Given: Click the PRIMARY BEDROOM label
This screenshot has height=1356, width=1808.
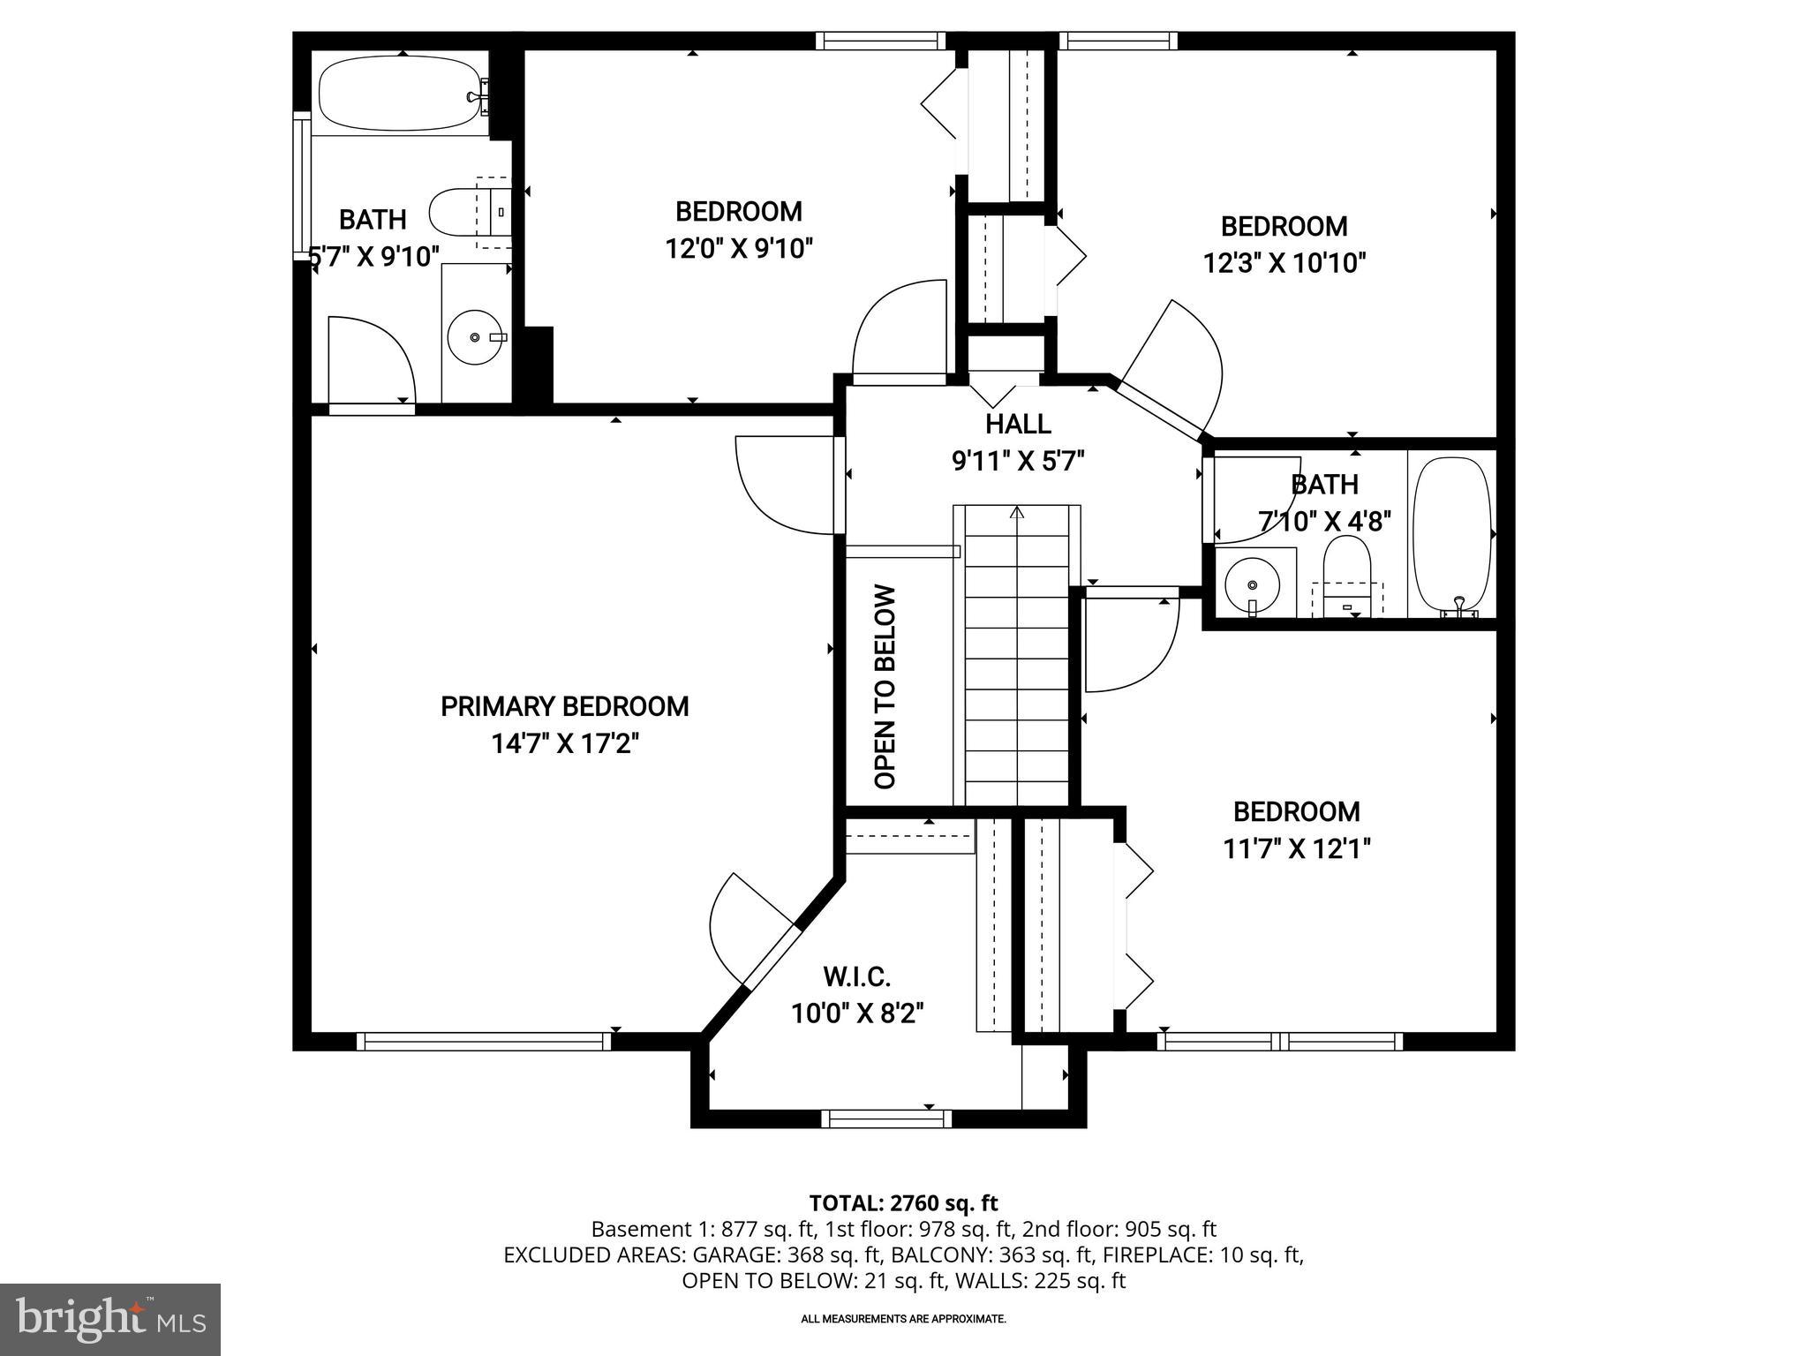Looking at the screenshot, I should click(564, 706).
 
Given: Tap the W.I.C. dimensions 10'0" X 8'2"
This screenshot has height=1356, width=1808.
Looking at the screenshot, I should click(856, 1013).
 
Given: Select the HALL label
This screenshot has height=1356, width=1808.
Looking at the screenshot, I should click(1018, 424).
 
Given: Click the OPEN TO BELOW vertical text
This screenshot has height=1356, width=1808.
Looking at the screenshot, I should click(885, 687).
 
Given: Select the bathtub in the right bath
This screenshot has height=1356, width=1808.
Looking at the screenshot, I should click(1451, 532).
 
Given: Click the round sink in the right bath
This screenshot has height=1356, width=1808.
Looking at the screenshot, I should click(1253, 584).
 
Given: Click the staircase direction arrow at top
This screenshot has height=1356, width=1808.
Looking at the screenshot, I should click(1017, 511).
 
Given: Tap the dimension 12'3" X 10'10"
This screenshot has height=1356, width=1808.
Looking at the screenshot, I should click(1284, 263).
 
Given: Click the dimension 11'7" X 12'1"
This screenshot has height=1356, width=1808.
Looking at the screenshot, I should click(1296, 848).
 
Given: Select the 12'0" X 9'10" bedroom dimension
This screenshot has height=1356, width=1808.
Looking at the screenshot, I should click(738, 248).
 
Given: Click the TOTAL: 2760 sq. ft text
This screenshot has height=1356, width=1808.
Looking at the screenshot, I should click(903, 1202).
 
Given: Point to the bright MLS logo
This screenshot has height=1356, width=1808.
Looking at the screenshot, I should click(109, 1319).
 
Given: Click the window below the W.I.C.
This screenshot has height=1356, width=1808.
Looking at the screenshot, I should click(886, 1119).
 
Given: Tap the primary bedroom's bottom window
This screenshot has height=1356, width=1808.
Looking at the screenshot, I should click(484, 1042).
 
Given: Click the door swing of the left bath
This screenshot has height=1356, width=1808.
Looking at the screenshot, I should click(371, 358).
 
